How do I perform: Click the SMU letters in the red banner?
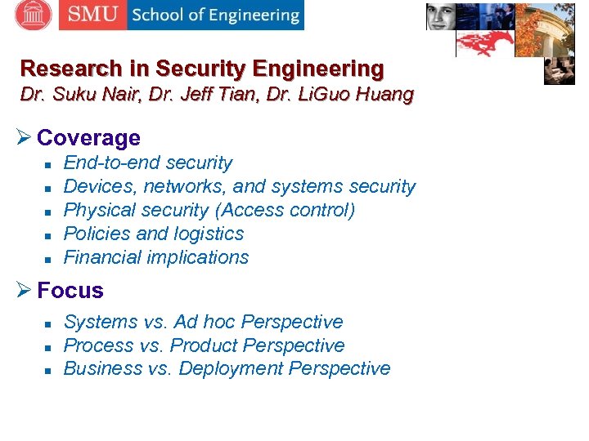click(x=92, y=15)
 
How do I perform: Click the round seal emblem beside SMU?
click(x=33, y=14)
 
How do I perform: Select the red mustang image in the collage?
click(x=484, y=43)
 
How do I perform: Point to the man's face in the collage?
click(x=440, y=16)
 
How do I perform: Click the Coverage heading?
click(x=88, y=138)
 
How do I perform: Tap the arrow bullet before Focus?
click(x=26, y=291)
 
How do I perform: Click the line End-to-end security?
click(x=147, y=163)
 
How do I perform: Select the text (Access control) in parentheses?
click(x=285, y=210)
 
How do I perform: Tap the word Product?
click(x=205, y=345)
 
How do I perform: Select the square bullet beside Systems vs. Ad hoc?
click(x=47, y=323)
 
